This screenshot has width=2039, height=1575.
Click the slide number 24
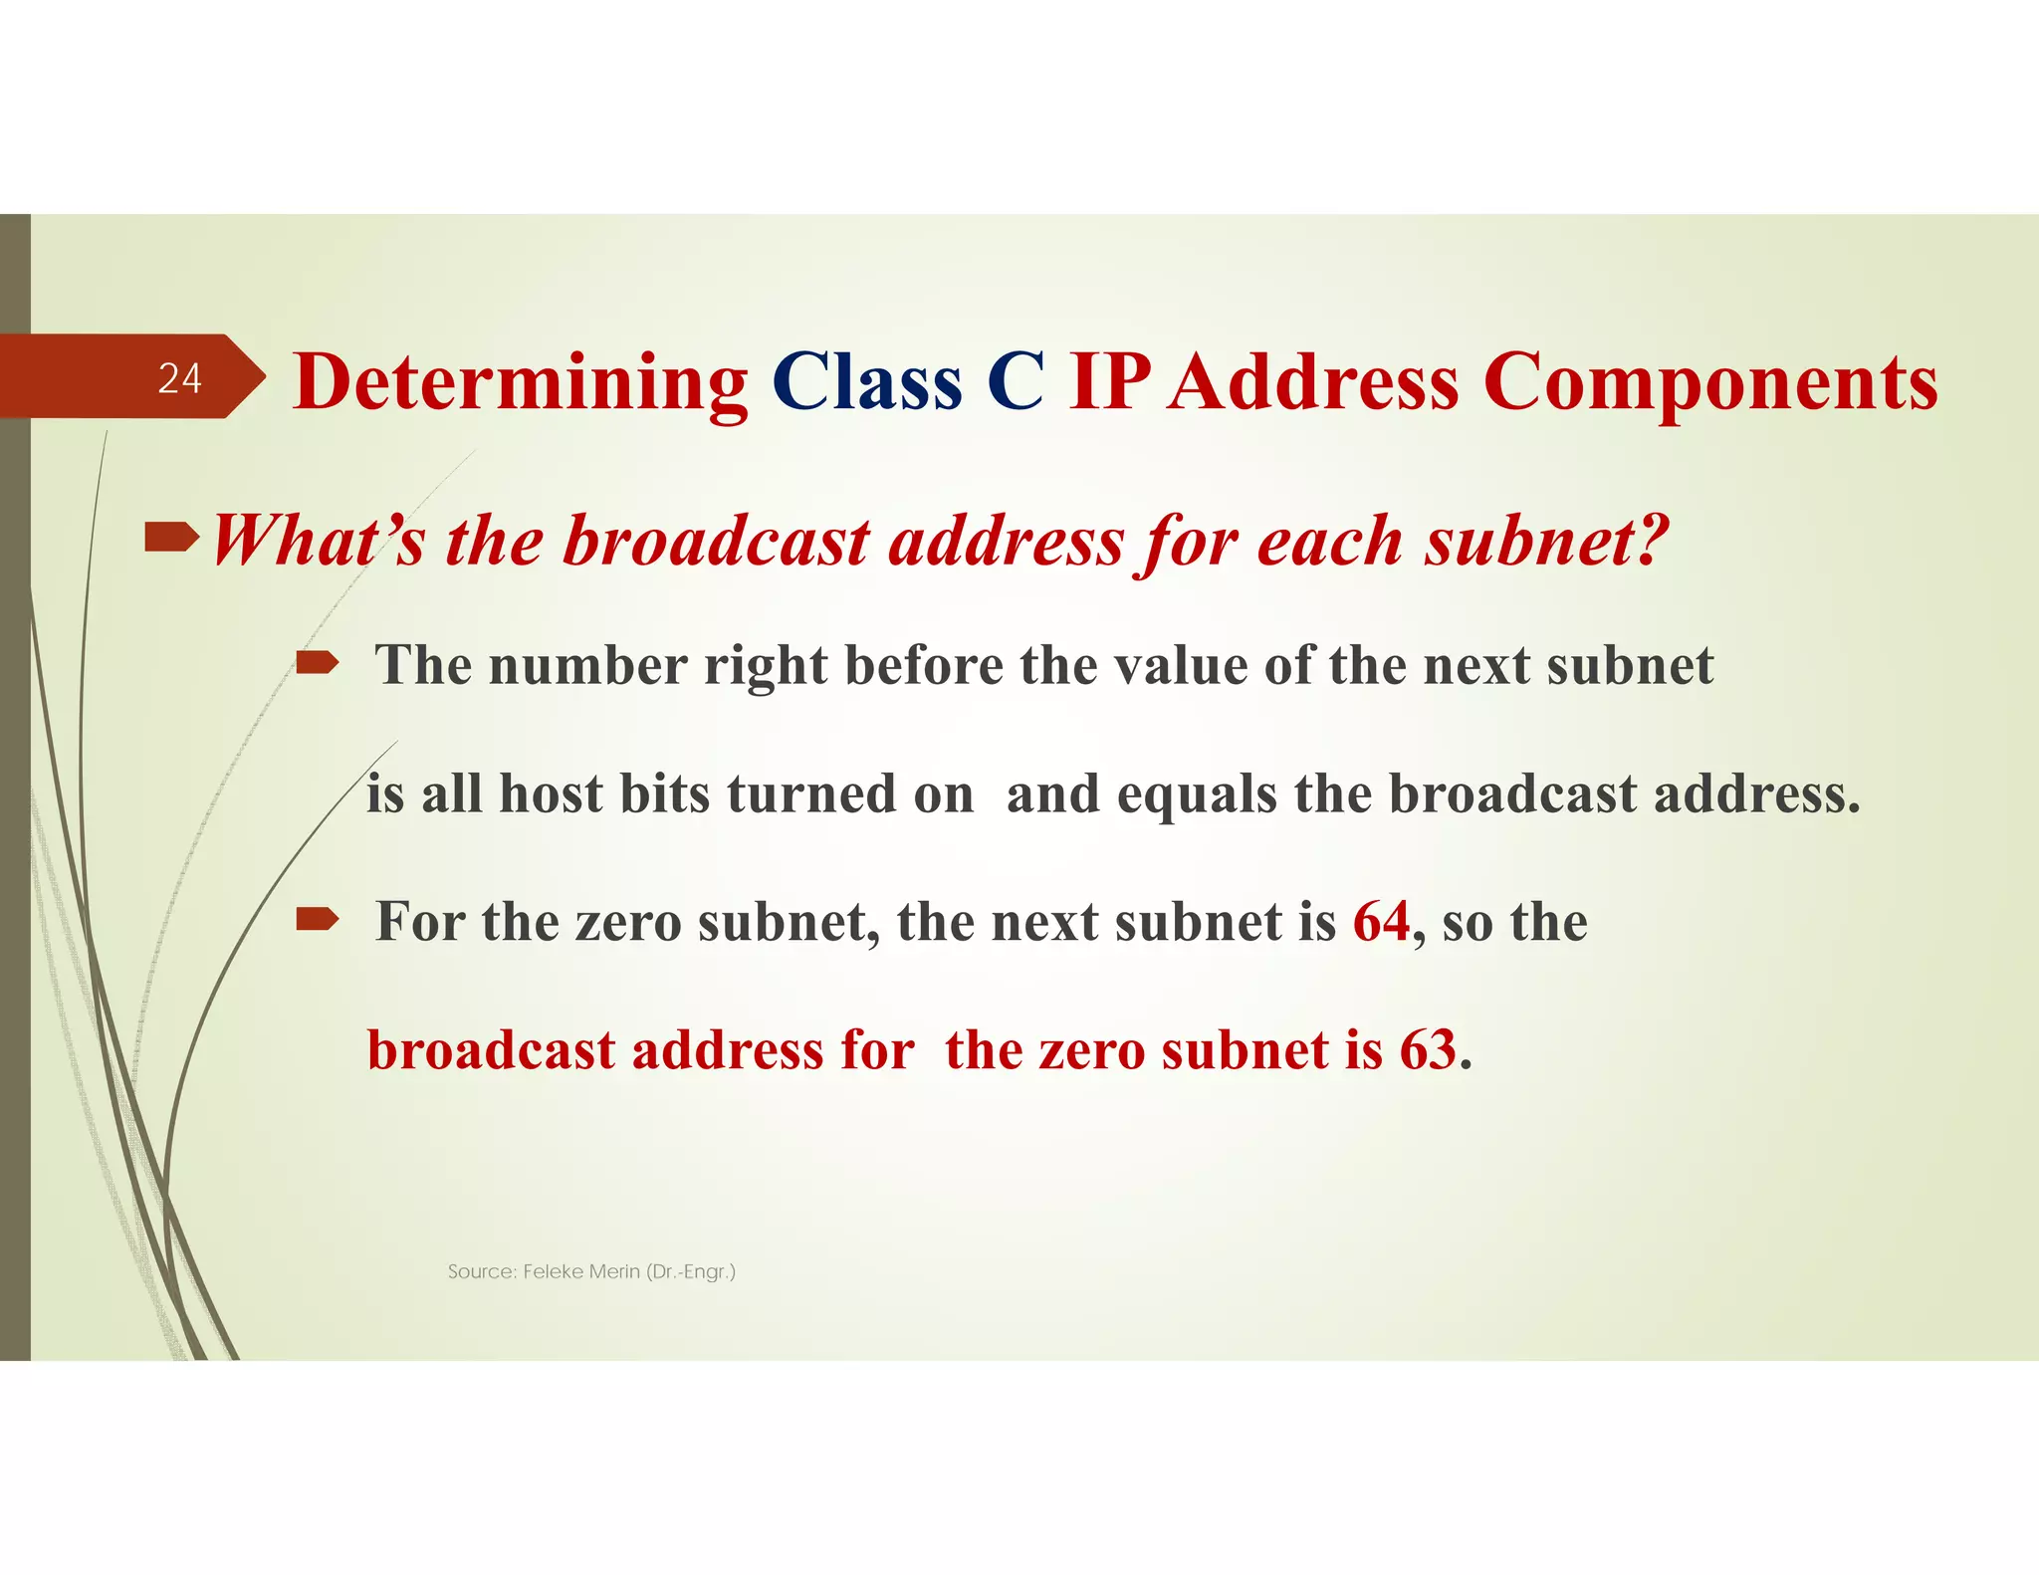(x=180, y=378)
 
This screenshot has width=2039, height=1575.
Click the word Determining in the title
(x=521, y=382)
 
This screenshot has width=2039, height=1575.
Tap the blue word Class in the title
(x=867, y=382)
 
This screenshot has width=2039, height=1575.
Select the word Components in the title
(x=1710, y=382)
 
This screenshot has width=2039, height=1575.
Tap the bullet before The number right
(x=318, y=662)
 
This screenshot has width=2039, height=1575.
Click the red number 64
(x=1381, y=921)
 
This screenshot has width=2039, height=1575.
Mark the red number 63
(x=1428, y=1050)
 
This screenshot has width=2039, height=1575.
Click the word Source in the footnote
(x=481, y=1271)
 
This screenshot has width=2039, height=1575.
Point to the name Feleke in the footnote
(x=553, y=1271)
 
